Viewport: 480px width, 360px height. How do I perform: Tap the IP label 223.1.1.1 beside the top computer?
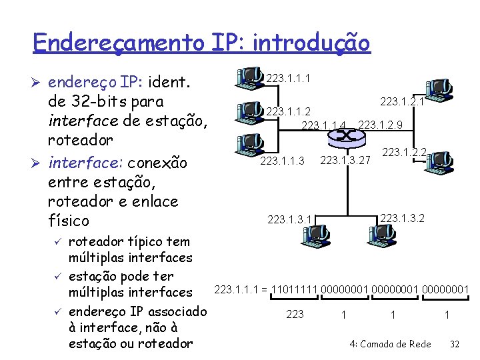[288, 79]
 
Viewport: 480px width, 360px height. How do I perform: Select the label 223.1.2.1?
[402, 101]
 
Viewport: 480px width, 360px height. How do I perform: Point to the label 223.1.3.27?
[345, 160]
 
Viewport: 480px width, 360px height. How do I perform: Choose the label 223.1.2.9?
[380, 125]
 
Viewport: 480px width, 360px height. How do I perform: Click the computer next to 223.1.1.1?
[249, 77]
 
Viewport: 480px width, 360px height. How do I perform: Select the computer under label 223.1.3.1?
[313, 232]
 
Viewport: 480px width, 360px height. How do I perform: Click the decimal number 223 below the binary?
[295, 314]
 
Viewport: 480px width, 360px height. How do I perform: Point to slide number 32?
[456, 344]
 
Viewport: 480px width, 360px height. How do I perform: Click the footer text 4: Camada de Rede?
[390, 344]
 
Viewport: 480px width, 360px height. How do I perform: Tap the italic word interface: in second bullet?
[85, 163]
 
